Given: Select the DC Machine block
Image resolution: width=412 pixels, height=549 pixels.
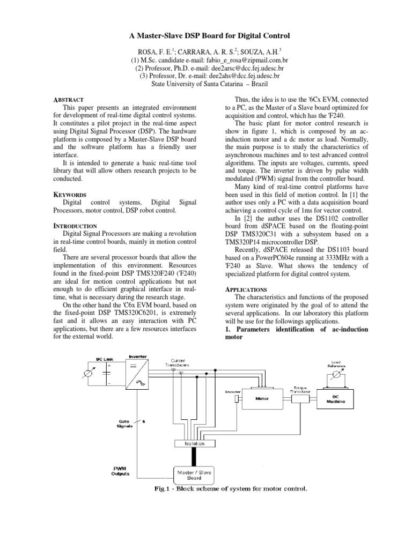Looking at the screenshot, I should pyautogui.click(x=335, y=399).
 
